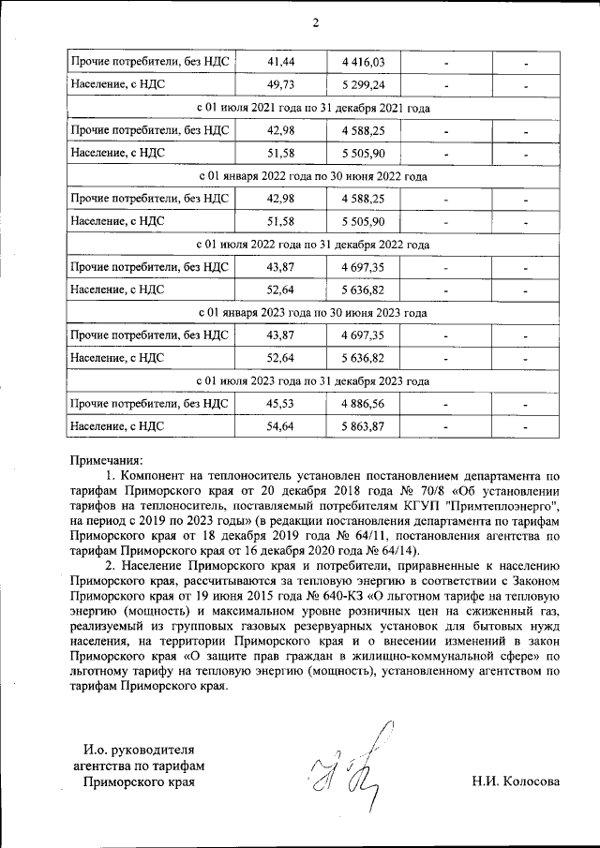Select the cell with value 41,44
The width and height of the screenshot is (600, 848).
[x=280, y=62]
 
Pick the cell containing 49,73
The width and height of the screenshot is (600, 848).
[x=280, y=85]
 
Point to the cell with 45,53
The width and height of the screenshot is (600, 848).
[x=280, y=404]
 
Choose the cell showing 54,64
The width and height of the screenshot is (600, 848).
[x=280, y=427]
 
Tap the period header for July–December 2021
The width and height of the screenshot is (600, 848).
[x=315, y=109]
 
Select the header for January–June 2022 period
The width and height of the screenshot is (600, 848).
[x=315, y=176]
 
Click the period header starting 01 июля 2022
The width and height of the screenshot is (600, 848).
[x=315, y=245]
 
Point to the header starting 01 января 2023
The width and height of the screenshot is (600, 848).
[x=315, y=313]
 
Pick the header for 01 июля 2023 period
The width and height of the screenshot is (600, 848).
[x=315, y=381]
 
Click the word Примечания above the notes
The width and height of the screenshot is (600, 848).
[x=107, y=460]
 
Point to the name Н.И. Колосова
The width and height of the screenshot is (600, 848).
[x=517, y=781]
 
